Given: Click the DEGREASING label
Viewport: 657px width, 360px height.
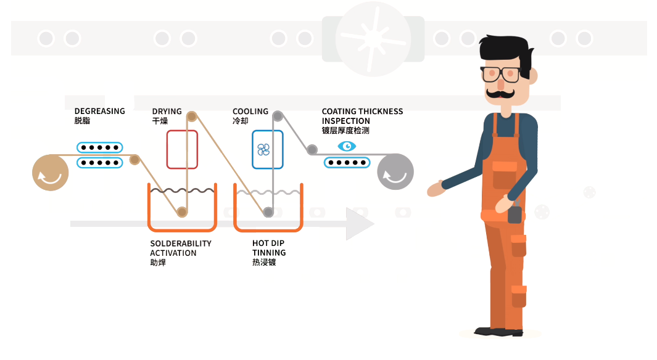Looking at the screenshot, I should [99, 112].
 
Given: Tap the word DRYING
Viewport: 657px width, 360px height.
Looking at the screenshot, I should [167, 112].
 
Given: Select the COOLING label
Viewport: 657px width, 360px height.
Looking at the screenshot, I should [250, 112].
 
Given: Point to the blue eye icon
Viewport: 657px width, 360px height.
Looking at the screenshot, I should [347, 146].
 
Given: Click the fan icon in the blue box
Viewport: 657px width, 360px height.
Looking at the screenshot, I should [263, 150].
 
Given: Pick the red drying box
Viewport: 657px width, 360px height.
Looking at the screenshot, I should [182, 149].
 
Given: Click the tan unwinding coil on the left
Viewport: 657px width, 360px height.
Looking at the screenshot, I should [51, 172].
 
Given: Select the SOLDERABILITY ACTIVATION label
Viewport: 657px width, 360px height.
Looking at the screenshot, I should [181, 248].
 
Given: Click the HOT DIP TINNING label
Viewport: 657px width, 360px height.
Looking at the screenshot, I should [269, 248].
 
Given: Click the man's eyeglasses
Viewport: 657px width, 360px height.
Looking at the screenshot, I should [501, 74].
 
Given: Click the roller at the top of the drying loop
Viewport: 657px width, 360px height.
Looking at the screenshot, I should [191, 116].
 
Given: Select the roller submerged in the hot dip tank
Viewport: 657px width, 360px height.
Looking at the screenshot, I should [268, 212].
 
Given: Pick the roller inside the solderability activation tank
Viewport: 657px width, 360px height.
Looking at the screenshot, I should [182, 212].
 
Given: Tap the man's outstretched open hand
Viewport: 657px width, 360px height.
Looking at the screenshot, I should [437, 189].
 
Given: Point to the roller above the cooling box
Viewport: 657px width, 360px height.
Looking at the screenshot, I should [278, 116].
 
